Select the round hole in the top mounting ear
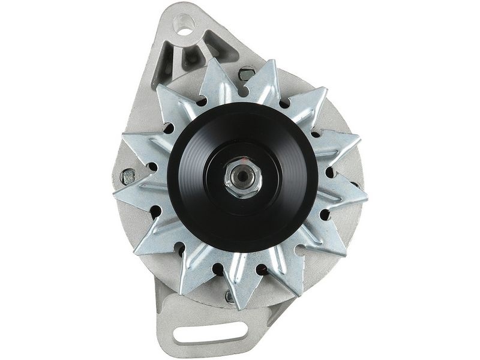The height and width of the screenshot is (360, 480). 184,25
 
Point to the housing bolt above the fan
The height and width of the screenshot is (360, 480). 246,74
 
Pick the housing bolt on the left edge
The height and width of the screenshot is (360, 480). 127,176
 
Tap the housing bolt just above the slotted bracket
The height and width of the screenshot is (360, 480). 230,296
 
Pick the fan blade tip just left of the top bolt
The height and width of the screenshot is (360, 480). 216,61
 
